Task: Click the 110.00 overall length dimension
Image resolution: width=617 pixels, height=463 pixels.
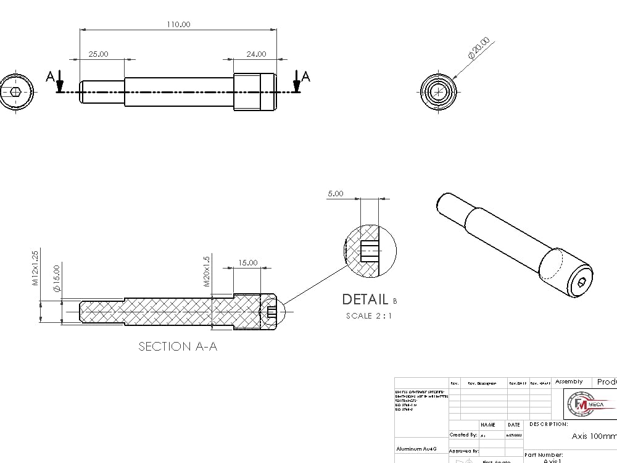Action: (178, 24)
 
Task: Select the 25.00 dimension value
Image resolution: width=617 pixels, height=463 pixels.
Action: (98, 54)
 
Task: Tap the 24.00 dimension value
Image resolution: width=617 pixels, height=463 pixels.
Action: (256, 54)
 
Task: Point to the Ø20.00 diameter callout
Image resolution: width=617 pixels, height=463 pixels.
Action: (479, 48)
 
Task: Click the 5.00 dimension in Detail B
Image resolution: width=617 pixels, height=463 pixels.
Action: (336, 193)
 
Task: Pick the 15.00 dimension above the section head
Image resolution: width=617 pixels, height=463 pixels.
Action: (247, 262)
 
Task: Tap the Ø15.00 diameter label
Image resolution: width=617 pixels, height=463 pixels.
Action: (57, 278)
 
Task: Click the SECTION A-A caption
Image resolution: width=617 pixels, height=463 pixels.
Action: (178, 346)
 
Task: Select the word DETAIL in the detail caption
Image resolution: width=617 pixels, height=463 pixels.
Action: (365, 299)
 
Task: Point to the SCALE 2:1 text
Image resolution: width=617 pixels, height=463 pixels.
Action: (369, 316)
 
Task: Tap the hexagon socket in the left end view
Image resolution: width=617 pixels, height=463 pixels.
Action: (16, 92)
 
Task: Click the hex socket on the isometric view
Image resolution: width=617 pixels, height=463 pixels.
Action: (582, 282)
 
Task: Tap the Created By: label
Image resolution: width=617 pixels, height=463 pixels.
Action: (463, 435)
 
